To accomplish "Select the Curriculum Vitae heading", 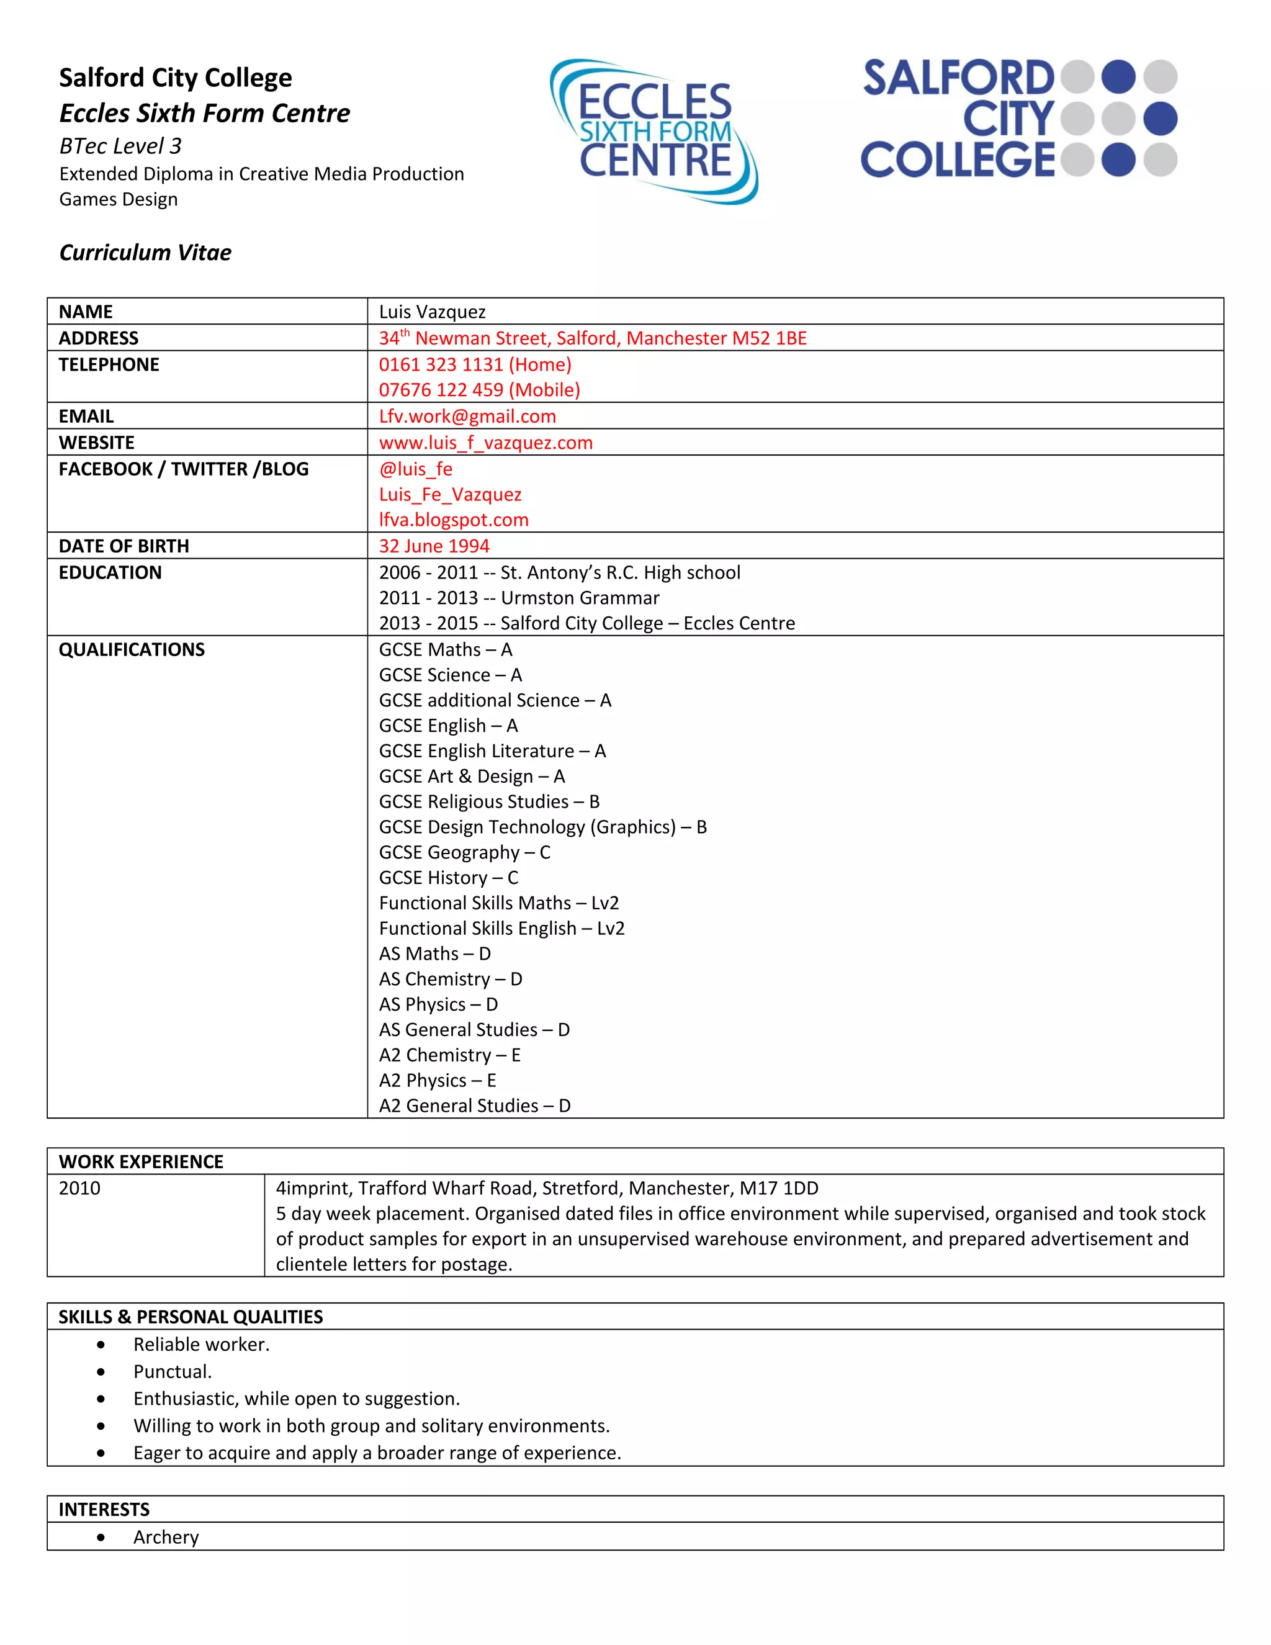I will coord(145,252).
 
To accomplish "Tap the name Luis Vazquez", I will coord(432,312).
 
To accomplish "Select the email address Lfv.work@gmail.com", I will coord(467,417).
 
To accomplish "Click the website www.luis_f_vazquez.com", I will coord(486,443).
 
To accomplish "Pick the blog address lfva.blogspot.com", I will coord(453,520).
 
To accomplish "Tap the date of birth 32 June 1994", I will coord(434,546).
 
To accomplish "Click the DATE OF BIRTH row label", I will coord(124,546).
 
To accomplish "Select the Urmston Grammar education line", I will coord(519,598).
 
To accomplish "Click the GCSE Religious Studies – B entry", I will coord(488,802).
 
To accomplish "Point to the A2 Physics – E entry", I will coord(437,1081).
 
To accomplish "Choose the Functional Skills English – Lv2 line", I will coord(501,929).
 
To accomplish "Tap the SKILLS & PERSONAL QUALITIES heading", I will coord(191,1317).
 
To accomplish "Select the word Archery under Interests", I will coord(166,1537).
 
